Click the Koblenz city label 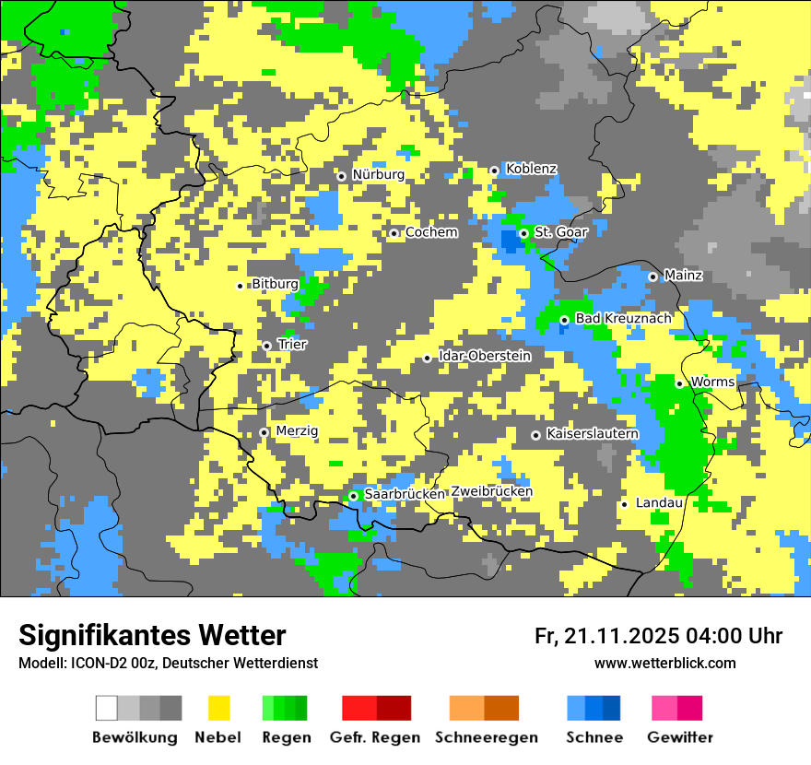click(x=531, y=169)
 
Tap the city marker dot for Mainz click(x=652, y=277)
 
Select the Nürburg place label click(x=378, y=174)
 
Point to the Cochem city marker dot click(x=394, y=233)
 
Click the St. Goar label click(x=560, y=232)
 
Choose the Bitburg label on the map click(x=275, y=284)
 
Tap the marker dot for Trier click(x=267, y=346)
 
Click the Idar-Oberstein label click(x=485, y=356)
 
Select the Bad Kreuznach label click(x=623, y=319)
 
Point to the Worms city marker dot click(x=679, y=383)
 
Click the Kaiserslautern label click(x=592, y=433)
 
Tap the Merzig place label click(x=297, y=431)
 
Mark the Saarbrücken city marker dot click(x=353, y=496)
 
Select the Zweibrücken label click(x=491, y=492)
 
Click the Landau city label click(x=659, y=503)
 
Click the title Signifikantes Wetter click(x=152, y=635)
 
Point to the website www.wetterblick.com click(x=664, y=663)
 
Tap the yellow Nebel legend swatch click(x=218, y=708)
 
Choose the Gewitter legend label click(x=679, y=737)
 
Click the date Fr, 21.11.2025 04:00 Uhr click(x=658, y=636)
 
